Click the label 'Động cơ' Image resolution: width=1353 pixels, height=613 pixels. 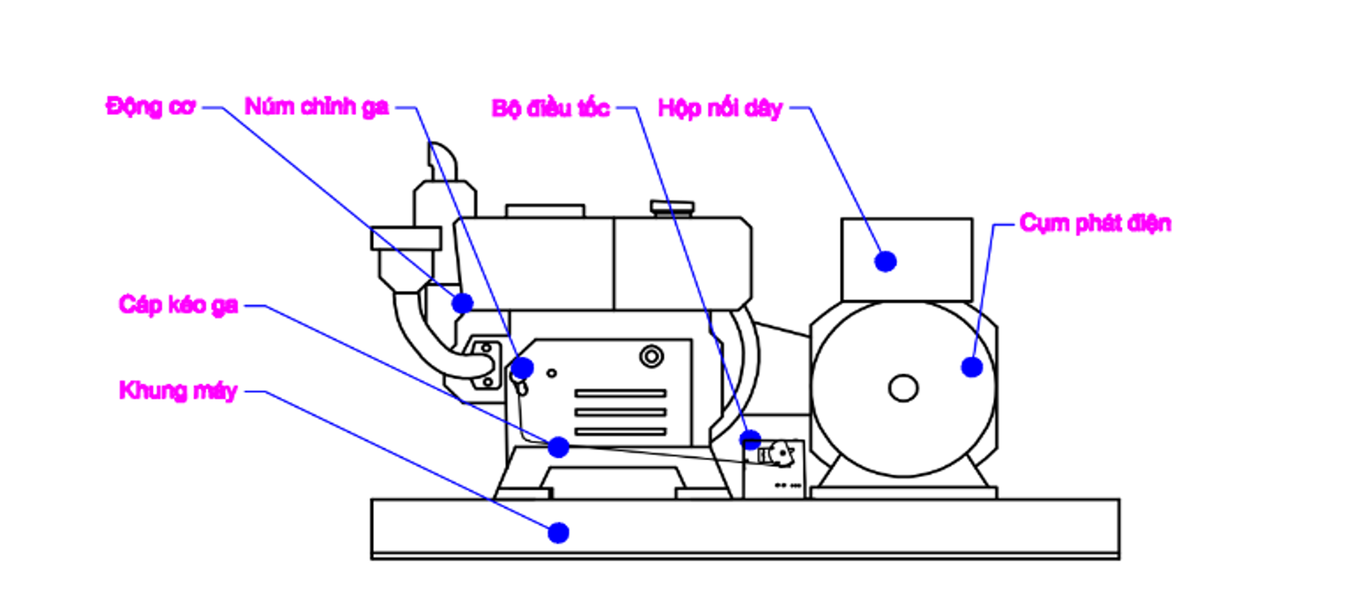151,108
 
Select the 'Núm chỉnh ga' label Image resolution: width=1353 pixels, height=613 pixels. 317,107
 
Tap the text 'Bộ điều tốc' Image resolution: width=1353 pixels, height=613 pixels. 550,108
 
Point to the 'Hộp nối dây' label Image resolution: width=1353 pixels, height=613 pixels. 720,109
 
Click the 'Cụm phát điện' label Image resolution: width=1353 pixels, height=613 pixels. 1095,223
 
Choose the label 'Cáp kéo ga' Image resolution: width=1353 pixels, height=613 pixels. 178,305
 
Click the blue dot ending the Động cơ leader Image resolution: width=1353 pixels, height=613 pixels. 462,303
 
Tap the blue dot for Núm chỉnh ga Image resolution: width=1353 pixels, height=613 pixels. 522,368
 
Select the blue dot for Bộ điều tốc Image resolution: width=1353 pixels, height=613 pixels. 750,440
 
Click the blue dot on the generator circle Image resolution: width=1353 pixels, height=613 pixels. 972,367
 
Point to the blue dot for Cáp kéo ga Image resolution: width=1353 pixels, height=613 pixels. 558,447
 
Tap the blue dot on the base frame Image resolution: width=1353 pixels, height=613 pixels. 558,533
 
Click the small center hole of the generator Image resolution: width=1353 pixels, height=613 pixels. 903,388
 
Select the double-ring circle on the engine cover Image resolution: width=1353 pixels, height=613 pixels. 652,357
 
